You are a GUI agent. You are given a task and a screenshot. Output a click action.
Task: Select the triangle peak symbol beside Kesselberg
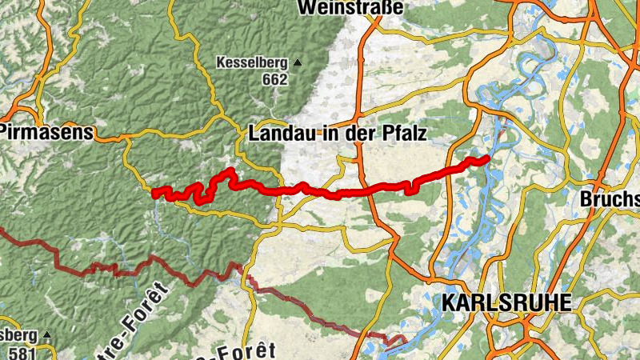click(298, 62)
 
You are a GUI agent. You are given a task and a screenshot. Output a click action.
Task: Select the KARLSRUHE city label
click(506, 302)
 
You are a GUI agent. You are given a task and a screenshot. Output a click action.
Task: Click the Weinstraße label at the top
click(350, 7)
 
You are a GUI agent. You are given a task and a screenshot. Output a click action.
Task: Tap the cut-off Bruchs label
click(611, 198)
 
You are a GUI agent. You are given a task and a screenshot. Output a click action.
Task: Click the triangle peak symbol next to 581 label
click(47, 334)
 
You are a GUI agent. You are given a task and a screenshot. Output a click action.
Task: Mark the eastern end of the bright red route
click(487, 158)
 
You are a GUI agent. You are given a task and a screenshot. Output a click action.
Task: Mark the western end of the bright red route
click(154, 191)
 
